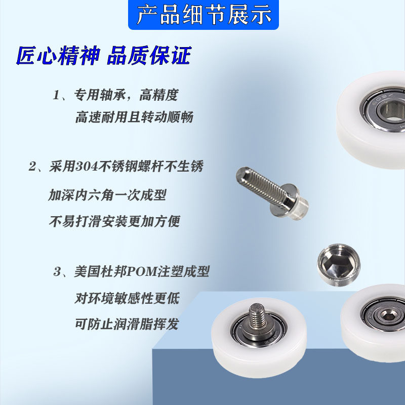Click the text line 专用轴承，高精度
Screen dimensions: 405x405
(126, 95)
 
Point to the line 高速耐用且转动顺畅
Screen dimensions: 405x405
(134, 117)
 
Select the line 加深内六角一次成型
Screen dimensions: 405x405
(107, 195)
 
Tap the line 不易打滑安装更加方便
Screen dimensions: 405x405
(114, 221)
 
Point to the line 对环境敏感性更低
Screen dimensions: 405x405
(127, 298)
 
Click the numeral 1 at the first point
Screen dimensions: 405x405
(56, 95)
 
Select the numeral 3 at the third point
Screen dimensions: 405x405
(57, 272)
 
